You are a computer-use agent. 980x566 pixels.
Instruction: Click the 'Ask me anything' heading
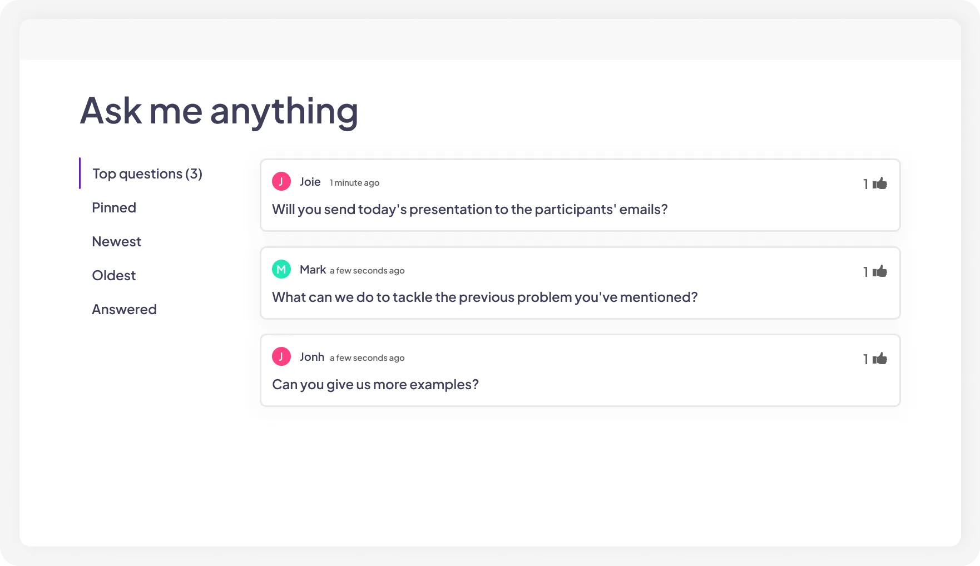(x=219, y=111)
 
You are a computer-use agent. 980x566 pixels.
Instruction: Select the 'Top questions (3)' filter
(x=147, y=174)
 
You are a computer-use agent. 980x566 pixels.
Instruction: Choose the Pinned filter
(x=114, y=208)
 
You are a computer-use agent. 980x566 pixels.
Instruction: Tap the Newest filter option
(x=116, y=242)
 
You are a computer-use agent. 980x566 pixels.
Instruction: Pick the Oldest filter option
(x=113, y=276)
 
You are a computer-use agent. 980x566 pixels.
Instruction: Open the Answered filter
(x=124, y=310)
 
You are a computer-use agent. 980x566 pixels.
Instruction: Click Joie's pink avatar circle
(x=281, y=181)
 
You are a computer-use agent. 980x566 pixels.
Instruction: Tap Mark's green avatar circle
(x=281, y=269)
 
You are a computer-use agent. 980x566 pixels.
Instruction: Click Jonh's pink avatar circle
(x=281, y=356)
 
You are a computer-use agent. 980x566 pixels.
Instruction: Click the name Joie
(x=310, y=182)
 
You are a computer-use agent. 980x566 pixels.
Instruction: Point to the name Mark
(x=313, y=270)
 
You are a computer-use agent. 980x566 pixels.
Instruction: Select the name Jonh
(x=311, y=357)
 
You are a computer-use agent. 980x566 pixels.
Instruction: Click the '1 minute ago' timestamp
(x=354, y=183)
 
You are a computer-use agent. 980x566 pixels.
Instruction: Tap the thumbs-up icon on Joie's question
(x=880, y=183)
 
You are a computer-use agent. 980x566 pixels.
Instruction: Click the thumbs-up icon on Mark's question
(x=880, y=271)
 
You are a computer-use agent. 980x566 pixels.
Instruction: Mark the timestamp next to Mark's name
(x=367, y=271)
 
